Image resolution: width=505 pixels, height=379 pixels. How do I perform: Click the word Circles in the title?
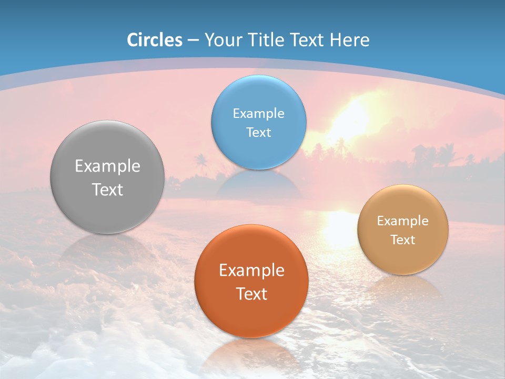tap(154, 40)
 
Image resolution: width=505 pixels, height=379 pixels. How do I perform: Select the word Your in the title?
tap(221, 40)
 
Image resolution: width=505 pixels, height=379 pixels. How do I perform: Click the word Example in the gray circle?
tap(107, 166)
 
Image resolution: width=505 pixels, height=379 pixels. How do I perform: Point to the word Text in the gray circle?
tap(107, 189)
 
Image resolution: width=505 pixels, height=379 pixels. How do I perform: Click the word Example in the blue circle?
tap(258, 114)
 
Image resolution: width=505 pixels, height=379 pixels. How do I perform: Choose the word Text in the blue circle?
tap(258, 132)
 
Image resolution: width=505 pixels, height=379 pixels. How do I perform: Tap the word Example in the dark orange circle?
tap(251, 271)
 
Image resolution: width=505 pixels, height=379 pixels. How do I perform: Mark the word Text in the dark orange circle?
tap(251, 294)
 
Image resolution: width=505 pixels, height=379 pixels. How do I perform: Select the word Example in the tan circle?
tap(403, 221)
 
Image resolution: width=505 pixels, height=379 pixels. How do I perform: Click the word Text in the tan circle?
tap(403, 240)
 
